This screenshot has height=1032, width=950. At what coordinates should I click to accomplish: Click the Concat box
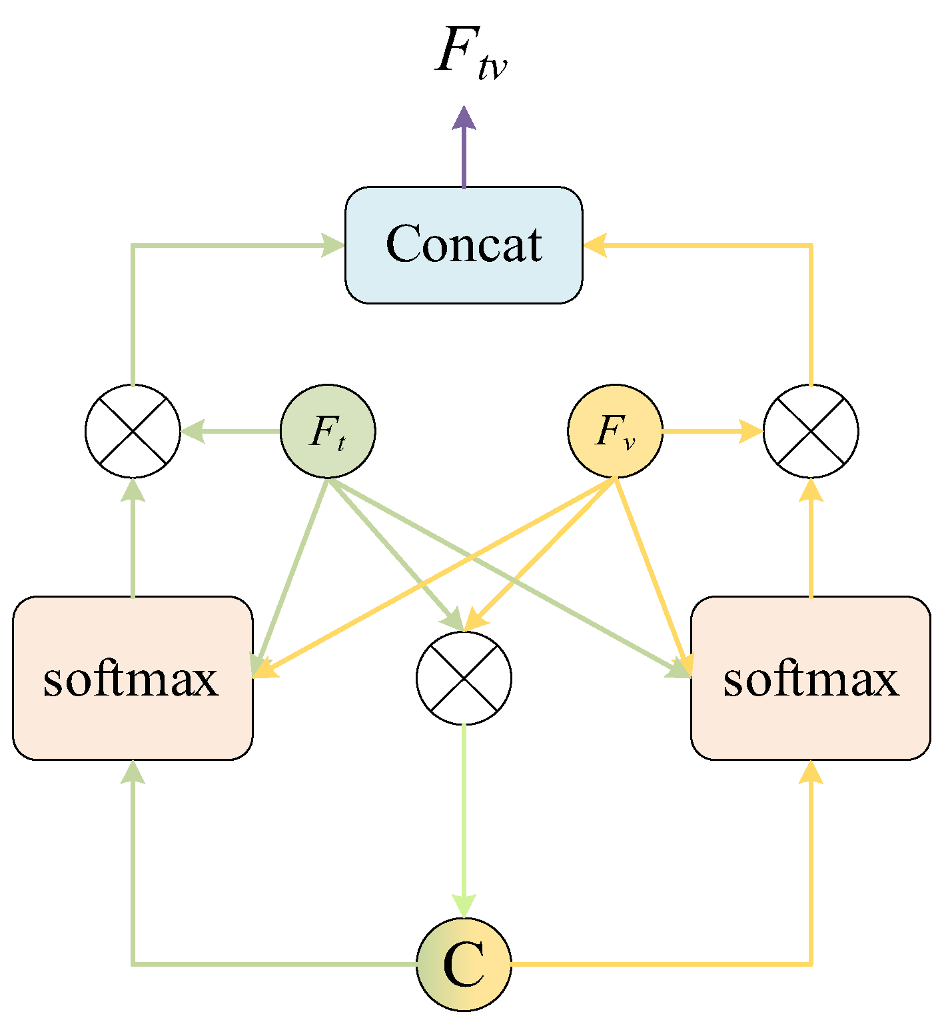464,245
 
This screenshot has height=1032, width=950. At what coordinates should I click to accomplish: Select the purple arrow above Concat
464,147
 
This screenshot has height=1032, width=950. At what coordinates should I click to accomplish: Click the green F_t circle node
328,431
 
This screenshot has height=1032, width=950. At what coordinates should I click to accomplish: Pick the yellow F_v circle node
614,431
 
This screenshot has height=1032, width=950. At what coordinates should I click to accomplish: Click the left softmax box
133,678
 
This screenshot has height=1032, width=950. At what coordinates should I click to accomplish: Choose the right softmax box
810,678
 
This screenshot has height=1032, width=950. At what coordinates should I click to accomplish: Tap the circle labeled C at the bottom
464,963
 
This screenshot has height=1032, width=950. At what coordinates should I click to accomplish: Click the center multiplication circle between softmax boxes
464,678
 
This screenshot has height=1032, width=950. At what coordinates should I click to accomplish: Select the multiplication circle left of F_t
133,431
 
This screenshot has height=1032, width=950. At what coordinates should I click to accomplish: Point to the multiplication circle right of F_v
810,431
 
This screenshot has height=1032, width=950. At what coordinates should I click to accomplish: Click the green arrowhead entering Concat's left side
332,245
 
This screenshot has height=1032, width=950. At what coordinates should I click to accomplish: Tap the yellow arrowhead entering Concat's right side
595,245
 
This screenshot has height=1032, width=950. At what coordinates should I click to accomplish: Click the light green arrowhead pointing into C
464,905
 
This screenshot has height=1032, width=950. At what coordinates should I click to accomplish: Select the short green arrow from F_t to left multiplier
231,431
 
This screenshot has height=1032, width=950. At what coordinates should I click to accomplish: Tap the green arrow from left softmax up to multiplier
133,540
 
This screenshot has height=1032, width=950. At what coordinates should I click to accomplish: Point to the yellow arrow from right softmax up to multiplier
810,540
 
